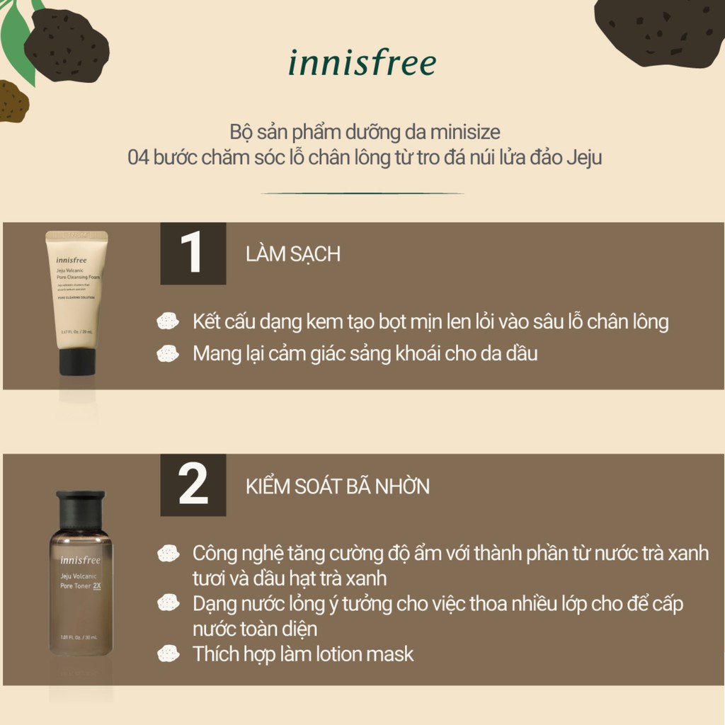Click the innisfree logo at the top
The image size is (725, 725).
[362, 63]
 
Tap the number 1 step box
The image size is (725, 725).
[193, 253]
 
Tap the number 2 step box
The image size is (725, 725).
[193, 485]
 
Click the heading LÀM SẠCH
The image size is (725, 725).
[292, 255]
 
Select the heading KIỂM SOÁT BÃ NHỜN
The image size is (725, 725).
[337, 487]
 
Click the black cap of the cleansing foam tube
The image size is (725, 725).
[76, 361]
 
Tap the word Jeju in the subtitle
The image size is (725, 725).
[584, 157]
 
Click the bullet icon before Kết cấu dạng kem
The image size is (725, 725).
[168, 322]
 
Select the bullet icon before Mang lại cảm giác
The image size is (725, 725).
[168, 353]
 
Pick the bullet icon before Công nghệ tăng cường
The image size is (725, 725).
[168, 553]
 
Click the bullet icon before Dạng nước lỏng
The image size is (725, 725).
[168, 603]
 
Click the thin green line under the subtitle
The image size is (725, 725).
[362, 193]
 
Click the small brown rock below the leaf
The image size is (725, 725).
[13, 101]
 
